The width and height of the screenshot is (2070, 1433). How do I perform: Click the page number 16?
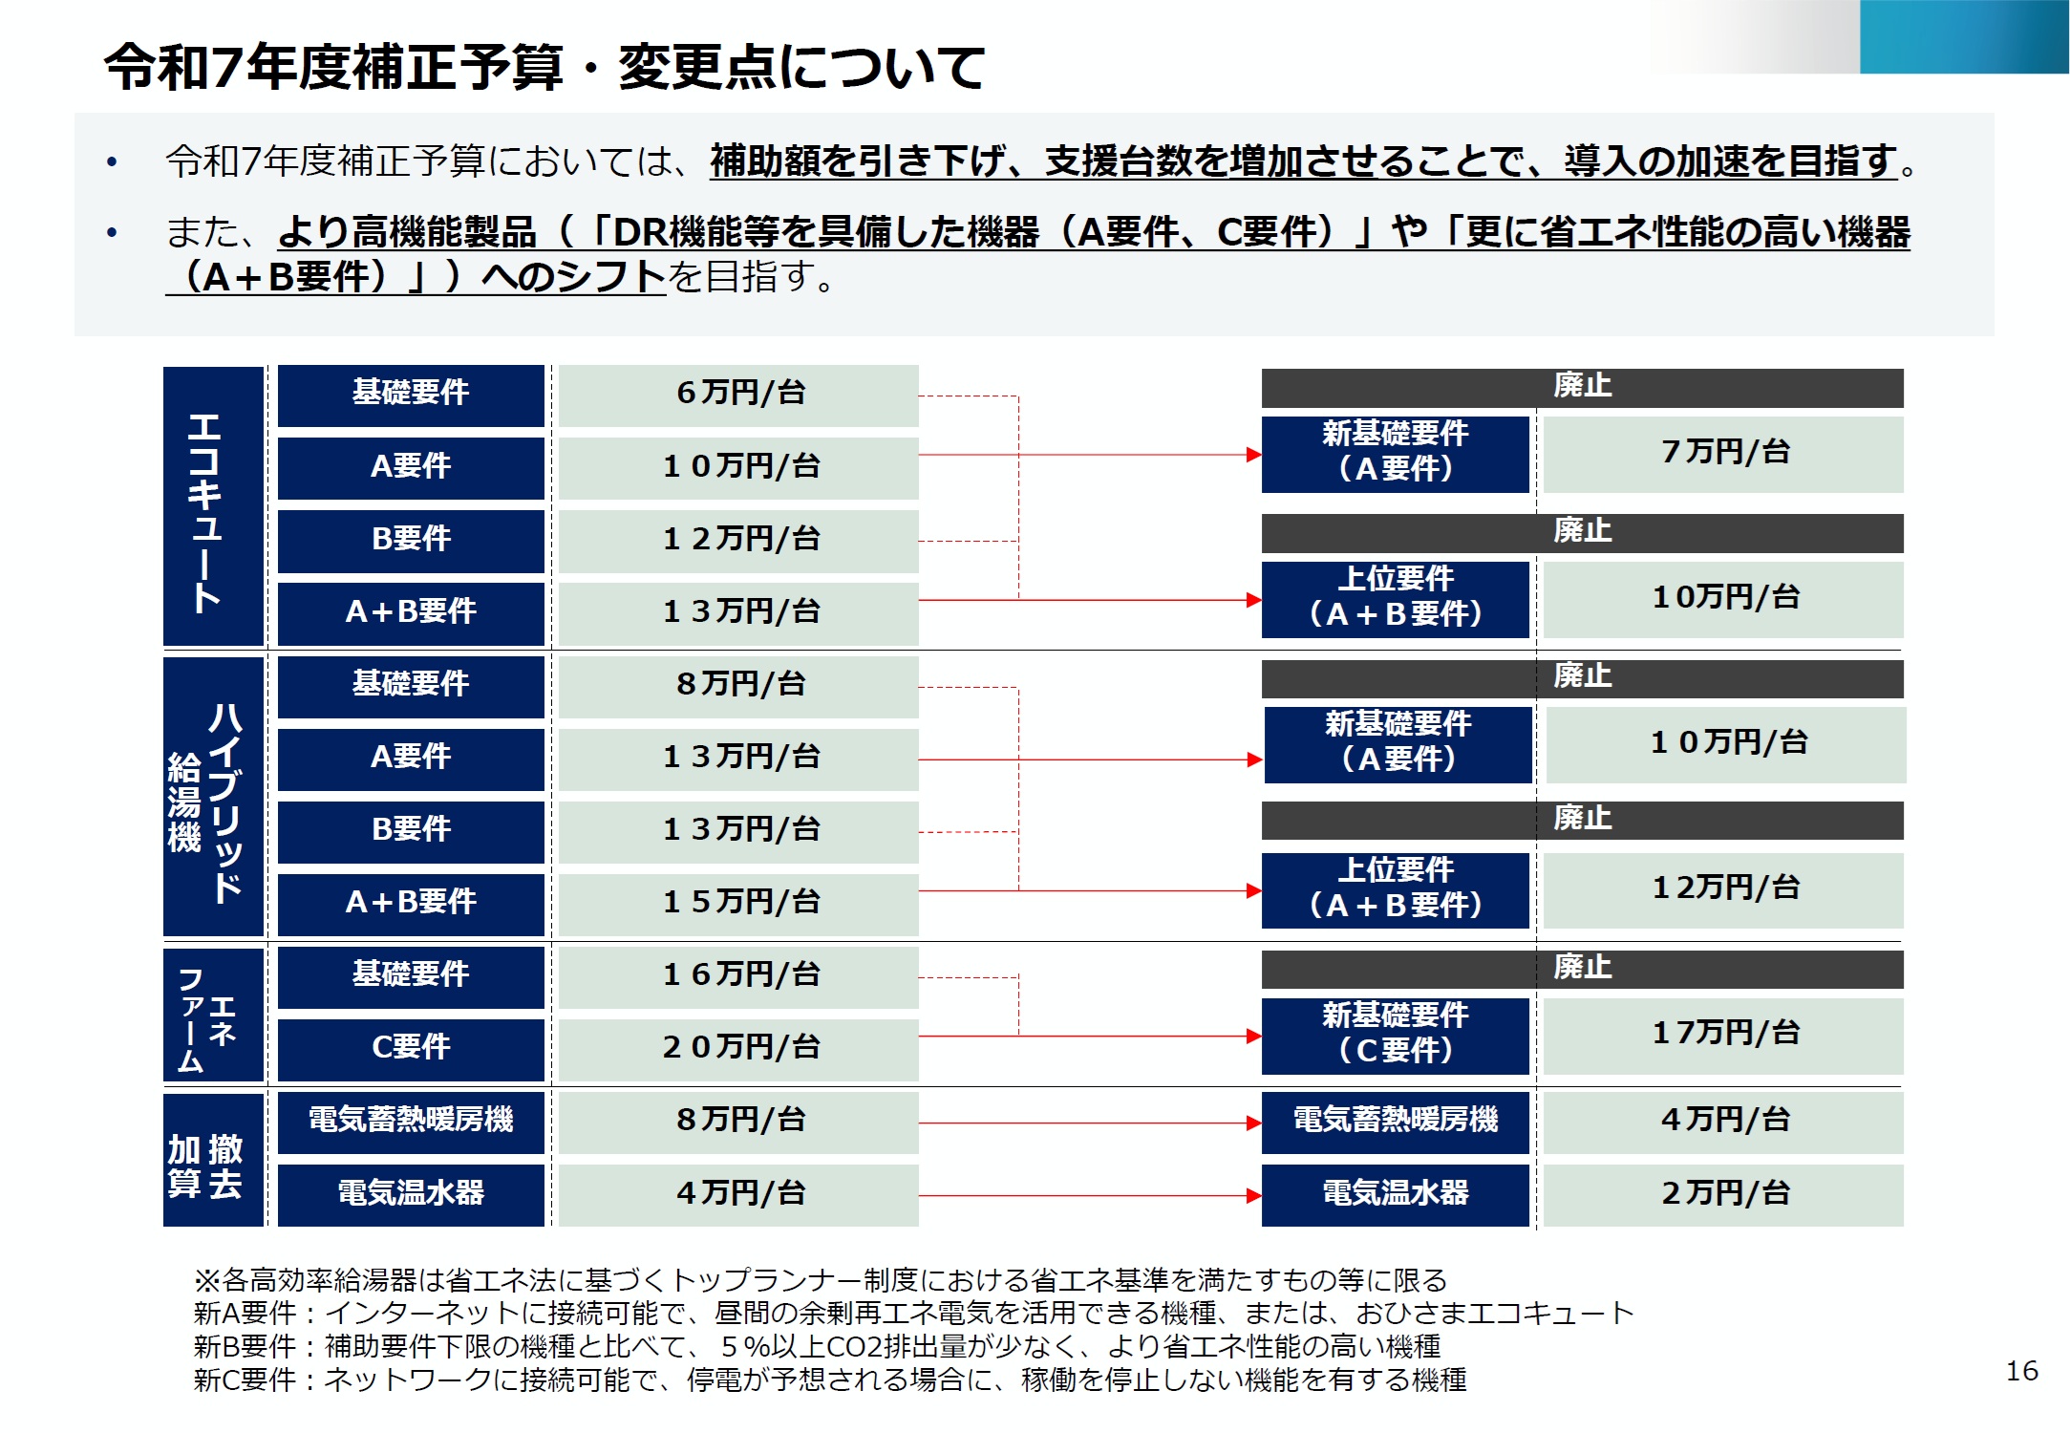(x=2021, y=1371)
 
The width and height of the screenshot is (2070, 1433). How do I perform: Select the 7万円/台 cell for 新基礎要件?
(x=1722, y=454)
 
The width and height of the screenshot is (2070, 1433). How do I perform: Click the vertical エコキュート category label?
(x=212, y=506)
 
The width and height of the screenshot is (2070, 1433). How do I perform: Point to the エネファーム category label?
(x=212, y=1015)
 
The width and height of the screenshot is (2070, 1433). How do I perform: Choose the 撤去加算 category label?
(x=212, y=1160)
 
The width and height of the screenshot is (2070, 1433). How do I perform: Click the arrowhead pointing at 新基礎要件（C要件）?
(x=1253, y=1036)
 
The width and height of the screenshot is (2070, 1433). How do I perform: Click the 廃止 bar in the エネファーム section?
(x=1581, y=969)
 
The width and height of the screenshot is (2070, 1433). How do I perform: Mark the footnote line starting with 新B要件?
(x=817, y=1346)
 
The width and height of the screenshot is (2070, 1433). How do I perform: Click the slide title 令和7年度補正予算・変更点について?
(x=544, y=67)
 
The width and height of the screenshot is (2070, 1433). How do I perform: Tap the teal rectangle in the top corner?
(x=1963, y=36)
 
